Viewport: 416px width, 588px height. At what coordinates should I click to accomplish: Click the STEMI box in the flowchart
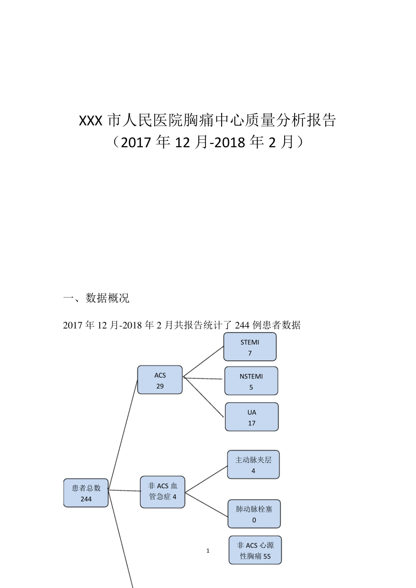tap(250, 347)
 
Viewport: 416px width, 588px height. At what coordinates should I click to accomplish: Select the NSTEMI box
tap(251, 381)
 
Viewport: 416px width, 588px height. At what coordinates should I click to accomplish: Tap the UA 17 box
tap(252, 417)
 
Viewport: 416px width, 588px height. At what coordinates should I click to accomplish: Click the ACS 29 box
tap(160, 380)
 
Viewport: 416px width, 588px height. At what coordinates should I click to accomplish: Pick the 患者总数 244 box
tap(86, 493)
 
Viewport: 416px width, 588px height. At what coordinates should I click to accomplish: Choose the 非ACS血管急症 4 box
tap(162, 492)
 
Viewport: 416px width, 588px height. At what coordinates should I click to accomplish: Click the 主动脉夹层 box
tap(253, 465)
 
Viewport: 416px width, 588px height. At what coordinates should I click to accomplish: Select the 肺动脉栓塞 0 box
tap(254, 514)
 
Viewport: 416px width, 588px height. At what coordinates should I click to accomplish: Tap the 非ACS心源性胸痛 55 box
tap(255, 550)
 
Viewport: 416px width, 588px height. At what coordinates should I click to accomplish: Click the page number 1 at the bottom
tap(208, 551)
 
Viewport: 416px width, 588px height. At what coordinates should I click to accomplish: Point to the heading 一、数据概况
tap(96, 298)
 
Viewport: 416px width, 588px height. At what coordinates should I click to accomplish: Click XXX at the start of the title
tap(91, 121)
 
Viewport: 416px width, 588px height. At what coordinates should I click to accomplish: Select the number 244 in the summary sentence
tap(242, 325)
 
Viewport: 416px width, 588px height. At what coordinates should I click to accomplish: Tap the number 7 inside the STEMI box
tap(250, 353)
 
